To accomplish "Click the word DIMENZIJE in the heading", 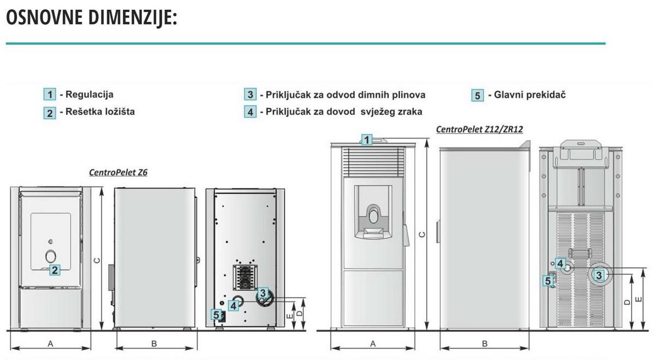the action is [x=133, y=17].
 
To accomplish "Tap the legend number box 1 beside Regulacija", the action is [x=50, y=94].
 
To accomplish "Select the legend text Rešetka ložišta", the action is [x=100, y=112].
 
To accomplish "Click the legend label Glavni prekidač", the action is [x=530, y=95].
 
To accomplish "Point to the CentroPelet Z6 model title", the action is [x=118, y=172].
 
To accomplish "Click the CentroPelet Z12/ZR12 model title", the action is [x=480, y=129].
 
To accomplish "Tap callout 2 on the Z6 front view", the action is [x=55, y=270].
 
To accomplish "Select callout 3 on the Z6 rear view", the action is [x=263, y=293].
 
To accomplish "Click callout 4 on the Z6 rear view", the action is [x=234, y=305].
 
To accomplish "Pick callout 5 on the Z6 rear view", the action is [x=216, y=315].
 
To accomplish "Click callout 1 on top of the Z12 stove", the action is [x=367, y=140].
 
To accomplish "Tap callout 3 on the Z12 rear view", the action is [x=599, y=275].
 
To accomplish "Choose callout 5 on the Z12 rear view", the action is [x=548, y=281].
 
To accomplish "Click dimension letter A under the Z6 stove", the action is [x=50, y=344].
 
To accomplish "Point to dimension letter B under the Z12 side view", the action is [x=485, y=344].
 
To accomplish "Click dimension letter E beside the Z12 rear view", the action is [x=639, y=299].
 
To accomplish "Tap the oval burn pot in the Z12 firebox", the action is [x=373, y=217].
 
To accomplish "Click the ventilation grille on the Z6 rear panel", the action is [x=245, y=277].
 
